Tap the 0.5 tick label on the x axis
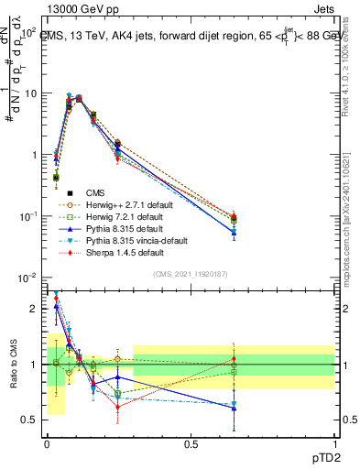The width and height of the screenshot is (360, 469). click(x=191, y=443)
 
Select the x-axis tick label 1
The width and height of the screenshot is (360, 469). click(x=334, y=443)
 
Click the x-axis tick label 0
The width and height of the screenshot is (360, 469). click(x=47, y=443)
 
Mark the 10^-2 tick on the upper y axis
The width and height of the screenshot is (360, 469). click(x=28, y=277)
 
